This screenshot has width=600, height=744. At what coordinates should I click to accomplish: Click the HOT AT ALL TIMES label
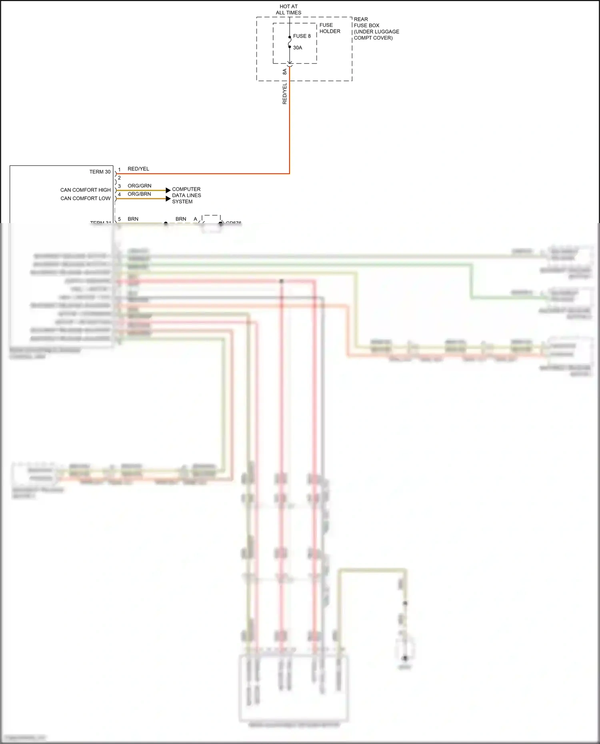coord(288,10)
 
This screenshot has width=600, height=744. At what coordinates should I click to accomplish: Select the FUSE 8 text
coord(302,36)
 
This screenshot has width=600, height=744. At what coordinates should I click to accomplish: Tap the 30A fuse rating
coord(298,48)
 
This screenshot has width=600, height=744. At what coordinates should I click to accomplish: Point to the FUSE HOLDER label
coord(330,28)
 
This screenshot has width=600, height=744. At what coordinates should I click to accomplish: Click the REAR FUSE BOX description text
coord(376,28)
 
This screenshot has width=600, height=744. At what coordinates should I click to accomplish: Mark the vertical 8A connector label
coord(285,72)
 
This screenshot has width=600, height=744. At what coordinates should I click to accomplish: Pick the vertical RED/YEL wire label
coord(285,94)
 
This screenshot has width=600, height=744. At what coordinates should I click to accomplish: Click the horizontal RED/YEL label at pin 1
coord(138,169)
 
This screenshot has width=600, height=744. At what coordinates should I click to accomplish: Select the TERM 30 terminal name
coord(100,172)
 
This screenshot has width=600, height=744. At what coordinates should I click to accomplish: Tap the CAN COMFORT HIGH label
coord(85,190)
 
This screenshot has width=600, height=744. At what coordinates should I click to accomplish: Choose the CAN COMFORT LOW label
coord(85,198)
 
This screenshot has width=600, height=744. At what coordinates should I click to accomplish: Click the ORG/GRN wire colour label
coord(139,186)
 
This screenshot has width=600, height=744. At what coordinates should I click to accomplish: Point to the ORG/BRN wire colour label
coord(139,194)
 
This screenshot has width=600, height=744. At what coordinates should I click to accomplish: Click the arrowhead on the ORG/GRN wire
coord(168,190)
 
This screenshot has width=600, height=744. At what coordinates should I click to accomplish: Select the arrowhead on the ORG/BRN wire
coord(168,199)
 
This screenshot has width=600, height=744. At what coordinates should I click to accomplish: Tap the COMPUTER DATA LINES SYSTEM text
coord(186,195)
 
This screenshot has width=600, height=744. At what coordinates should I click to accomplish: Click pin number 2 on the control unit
coord(119,178)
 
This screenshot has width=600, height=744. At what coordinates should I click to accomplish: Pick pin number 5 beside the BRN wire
coord(119,219)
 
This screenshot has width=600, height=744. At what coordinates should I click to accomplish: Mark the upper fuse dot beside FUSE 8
coord(290,37)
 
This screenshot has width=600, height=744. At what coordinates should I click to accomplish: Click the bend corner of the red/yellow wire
coord(289,174)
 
